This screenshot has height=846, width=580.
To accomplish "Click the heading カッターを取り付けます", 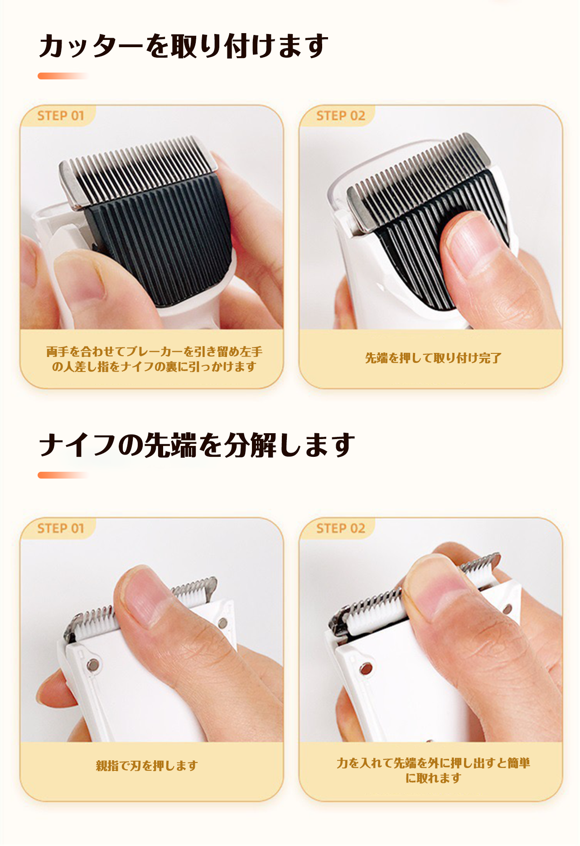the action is coord(184,46).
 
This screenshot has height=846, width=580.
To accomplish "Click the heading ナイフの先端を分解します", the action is coord(197,445).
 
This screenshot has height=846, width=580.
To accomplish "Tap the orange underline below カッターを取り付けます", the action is coord(63,76).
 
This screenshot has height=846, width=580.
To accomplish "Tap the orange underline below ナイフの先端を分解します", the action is coord(63,475).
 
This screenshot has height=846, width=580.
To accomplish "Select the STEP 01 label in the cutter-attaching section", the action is coord(61,116).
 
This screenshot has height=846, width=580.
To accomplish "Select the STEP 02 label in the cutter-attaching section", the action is coord(341,116).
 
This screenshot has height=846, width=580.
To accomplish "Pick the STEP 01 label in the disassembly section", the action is coord(61,528).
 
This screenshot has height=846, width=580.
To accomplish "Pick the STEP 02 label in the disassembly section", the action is coord(341,528).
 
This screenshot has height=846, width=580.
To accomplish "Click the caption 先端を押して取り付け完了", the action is coord(433,358).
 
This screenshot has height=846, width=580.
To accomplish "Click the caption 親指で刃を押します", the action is coord(147,766).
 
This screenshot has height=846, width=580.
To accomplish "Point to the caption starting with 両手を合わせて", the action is coord(154,359).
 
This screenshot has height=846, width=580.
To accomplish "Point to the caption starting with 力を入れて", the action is coord(433,770).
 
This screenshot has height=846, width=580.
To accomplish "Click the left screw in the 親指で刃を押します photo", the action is coord(93,665).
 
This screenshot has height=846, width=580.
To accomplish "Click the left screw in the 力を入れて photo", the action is coord(365,669).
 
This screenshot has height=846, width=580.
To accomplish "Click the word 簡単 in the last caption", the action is coord(519,763).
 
